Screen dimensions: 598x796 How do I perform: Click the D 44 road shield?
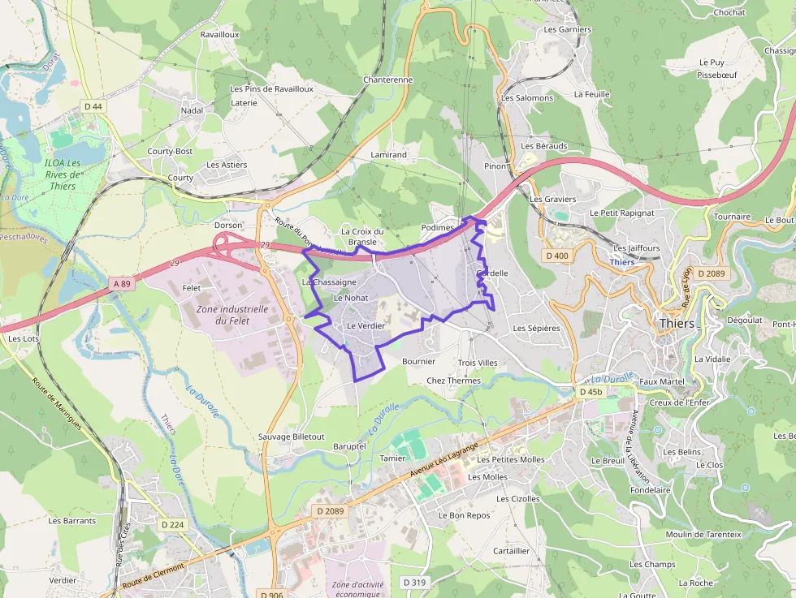pos(93,106)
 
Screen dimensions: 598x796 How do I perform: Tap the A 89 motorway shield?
pos(121,283)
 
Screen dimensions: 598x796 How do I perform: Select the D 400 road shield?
pos(557,256)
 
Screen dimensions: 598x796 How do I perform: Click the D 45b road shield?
pos(591,392)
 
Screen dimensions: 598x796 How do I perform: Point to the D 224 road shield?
pos(173,525)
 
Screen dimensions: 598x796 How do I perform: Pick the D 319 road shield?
pos(414,582)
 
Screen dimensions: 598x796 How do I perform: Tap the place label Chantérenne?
pos(388,80)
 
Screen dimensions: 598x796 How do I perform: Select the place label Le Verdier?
pos(366,325)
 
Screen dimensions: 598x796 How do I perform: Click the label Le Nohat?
pos(351,298)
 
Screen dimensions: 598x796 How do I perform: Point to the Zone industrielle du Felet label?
pos(231,315)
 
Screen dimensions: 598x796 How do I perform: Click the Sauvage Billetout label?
pos(291,437)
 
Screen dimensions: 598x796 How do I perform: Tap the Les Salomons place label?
pos(527,98)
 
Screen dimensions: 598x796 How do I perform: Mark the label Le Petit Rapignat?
pos(622,213)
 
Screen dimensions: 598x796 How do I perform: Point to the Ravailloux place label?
pos(219,35)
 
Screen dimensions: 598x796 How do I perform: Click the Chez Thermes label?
pos(453,381)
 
